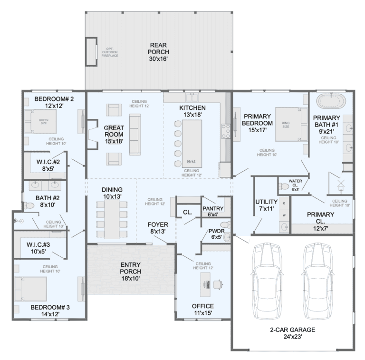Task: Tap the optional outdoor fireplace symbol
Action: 91,52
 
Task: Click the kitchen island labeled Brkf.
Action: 192,143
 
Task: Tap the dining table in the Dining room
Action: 112,219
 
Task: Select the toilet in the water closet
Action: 284,186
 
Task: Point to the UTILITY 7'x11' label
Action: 266,205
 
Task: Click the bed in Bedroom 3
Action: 31,288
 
